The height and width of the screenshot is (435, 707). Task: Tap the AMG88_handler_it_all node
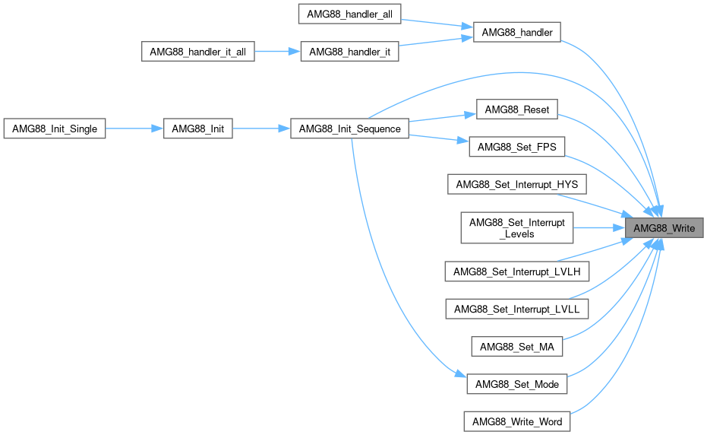(x=198, y=52)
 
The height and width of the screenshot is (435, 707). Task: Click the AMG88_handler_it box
(x=349, y=52)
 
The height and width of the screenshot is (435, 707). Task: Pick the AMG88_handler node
(x=516, y=33)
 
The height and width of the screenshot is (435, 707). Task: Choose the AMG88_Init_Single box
(x=54, y=129)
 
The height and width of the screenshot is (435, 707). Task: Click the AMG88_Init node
(x=197, y=129)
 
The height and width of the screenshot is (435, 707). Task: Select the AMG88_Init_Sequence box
(x=349, y=129)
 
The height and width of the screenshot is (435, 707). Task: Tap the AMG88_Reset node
(x=516, y=110)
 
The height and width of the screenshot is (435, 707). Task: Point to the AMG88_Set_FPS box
(x=516, y=148)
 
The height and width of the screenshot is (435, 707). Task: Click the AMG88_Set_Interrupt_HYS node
(x=516, y=184)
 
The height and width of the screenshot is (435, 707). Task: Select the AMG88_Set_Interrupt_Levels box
(x=516, y=228)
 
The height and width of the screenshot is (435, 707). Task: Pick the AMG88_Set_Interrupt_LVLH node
(x=516, y=271)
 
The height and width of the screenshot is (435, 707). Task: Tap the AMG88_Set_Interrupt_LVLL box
(x=516, y=308)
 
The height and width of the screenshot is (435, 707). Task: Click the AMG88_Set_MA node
(x=516, y=347)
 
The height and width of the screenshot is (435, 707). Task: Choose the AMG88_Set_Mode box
(x=516, y=384)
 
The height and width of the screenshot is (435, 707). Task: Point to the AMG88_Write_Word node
(x=516, y=421)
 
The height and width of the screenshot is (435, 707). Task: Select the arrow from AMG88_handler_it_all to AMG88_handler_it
(x=277, y=52)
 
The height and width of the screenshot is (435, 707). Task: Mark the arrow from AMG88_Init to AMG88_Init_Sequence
(x=261, y=129)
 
